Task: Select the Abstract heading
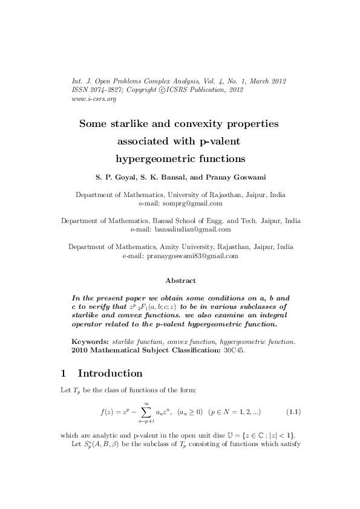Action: coord(180,280)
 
